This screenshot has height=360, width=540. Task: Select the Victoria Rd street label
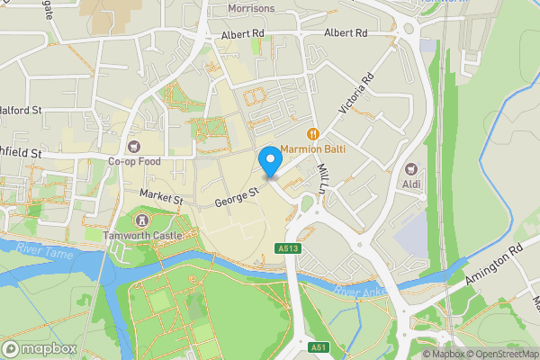click(x=355, y=94)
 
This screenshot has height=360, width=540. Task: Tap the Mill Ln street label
click(x=320, y=179)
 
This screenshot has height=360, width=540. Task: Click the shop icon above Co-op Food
click(x=134, y=147)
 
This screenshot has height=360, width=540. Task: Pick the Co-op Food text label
click(x=134, y=162)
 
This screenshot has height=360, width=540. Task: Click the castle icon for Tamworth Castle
click(x=140, y=220)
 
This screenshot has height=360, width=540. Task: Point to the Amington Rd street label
click(x=494, y=268)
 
